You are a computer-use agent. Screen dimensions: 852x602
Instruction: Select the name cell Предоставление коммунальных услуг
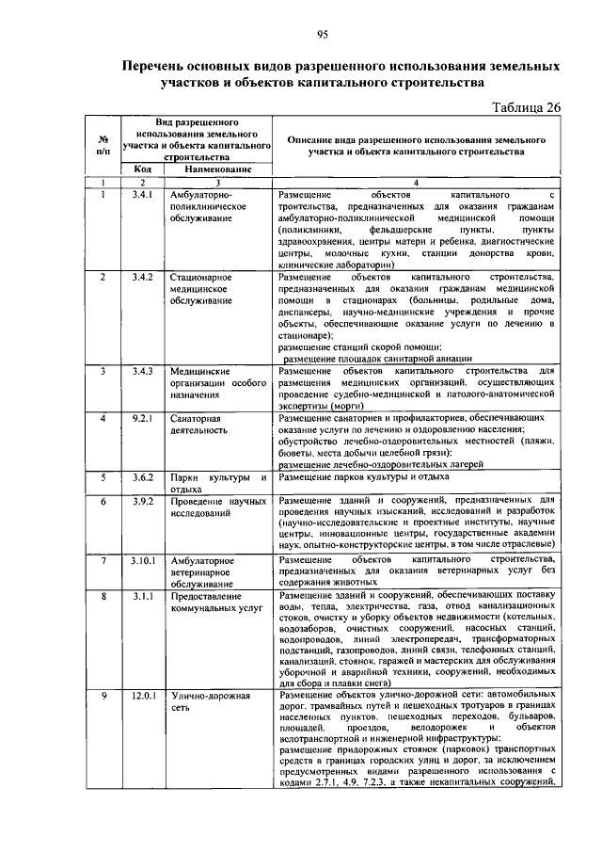pos(215,603)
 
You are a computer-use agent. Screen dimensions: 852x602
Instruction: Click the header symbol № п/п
pos(103,143)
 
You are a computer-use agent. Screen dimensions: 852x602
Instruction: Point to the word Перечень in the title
pos(161,67)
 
